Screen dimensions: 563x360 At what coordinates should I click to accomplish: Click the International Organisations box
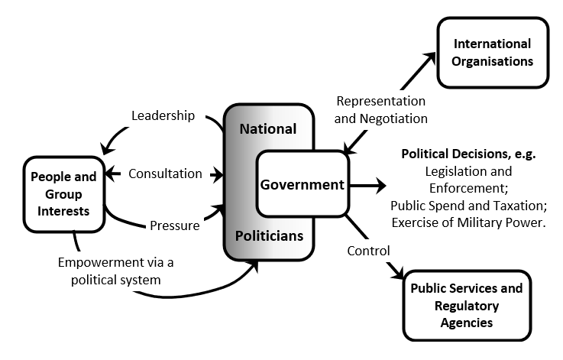(x=493, y=52)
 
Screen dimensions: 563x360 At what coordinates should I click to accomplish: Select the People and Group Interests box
(x=63, y=195)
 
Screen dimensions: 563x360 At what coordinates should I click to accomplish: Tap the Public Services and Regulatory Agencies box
(x=466, y=305)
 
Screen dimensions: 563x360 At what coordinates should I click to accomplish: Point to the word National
(x=267, y=128)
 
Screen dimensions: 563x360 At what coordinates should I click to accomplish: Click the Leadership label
(x=163, y=116)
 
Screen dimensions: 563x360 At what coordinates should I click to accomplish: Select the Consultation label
(x=165, y=173)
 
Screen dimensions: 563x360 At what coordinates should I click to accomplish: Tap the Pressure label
(x=174, y=225)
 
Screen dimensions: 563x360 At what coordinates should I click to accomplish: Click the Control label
(x=368, y=250)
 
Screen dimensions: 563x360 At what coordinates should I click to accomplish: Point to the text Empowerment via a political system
(x=116, y=271)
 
